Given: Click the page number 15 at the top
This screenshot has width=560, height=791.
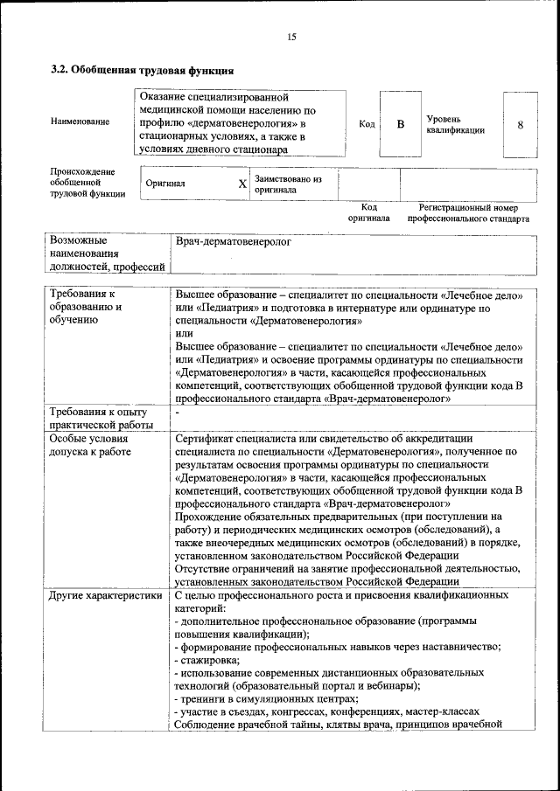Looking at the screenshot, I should point(291,36).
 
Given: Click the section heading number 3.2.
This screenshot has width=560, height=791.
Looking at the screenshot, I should point(59,70).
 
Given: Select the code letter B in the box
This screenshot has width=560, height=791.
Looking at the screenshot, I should point(401,124).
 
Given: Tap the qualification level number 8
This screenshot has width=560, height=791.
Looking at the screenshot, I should point(520,124).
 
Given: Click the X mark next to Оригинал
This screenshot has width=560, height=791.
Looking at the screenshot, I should point(242,184).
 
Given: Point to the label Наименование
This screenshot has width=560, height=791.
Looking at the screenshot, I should point(80,121).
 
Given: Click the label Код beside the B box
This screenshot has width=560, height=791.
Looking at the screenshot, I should point(367,124).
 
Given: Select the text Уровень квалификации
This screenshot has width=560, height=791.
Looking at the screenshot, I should point(455,124).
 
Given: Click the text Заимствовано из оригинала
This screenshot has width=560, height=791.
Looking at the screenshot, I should point(288,184).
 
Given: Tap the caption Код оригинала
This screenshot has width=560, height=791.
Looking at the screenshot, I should point(368,212).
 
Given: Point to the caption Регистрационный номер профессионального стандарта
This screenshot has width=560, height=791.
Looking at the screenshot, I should point(468,212).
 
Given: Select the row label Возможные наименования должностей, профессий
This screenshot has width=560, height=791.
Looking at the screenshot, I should point(107,253).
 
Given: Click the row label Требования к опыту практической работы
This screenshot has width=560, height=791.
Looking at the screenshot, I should point(99,418).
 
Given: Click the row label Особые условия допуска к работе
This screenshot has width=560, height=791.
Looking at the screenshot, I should point(90,445).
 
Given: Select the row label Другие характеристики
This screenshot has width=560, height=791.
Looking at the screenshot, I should point(106,595).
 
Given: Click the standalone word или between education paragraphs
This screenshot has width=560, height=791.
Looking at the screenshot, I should point(185,333).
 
